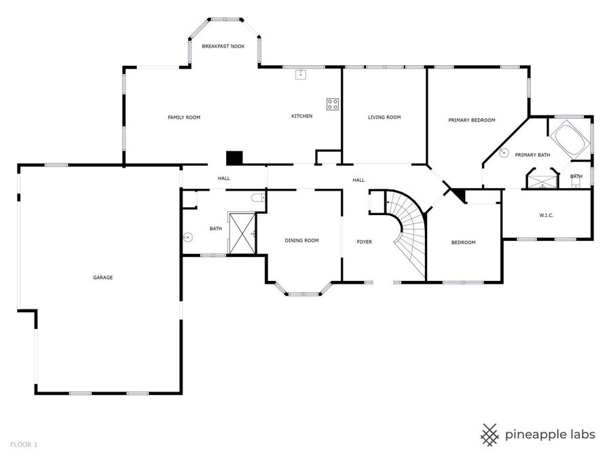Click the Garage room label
pyautogui.click(x=103, y=277)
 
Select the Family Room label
pyautogui.click(x=184, y=117)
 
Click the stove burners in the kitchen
pyautogui.click(x=333, y=104)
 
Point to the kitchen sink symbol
pyautogui.click(x=301, y=75)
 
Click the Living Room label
pyautogui.click(x=384, y=117)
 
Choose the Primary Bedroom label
pyautogui.click(x=471, y=120)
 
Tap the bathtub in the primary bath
pyautogui.click(x=569, y=138)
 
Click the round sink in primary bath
pyautogui.click(x=504, y=153)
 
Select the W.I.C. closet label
pyautogui.click(x=547, y=216)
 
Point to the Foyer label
pyautogui.click(x=365, y=242)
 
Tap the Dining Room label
pyautogui.click(x=301, y=240)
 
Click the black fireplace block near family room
pyautogui.click(x=234, y=157)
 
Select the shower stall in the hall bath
pyautogui.click(x=242, y=233)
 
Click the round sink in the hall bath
pyautogui.click(x=188, y=237)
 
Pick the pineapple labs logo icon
pyautogui.click(x=490, y=434)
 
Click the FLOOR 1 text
pyautogui.click(x=24, y=444)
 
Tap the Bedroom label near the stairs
pyautogui.click(x=463, y=242)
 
